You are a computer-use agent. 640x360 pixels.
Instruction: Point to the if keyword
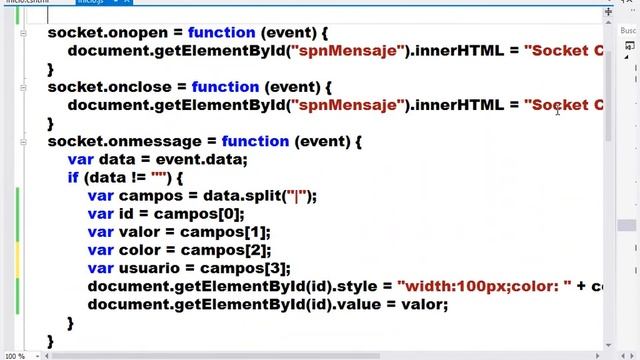(x=73, y=178)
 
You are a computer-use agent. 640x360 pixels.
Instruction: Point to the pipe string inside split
(x=297, y=196)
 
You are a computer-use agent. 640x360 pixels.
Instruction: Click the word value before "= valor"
(x=355, y=305)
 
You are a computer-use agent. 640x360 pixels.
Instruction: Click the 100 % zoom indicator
(x=15, y=355)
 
